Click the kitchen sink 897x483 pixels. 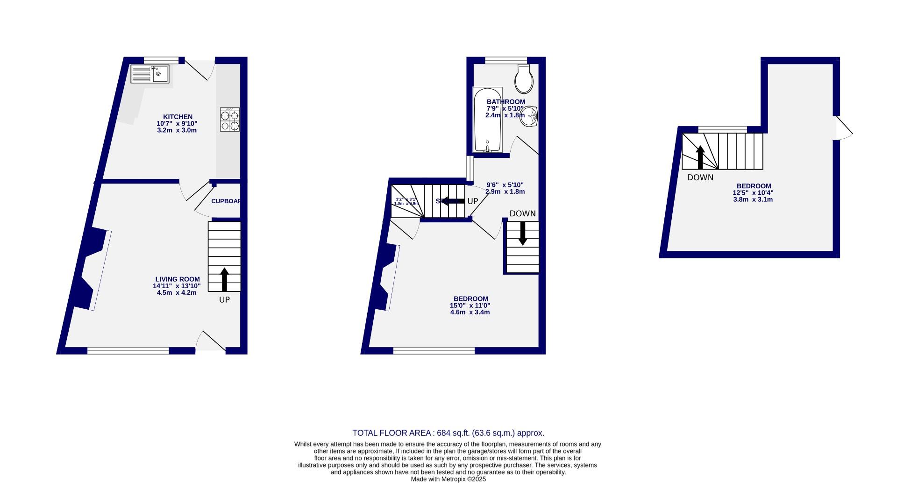[150, 74]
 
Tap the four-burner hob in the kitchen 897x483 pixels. [230, 120]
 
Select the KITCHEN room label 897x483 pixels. [178, 117]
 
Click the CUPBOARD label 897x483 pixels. [226, 201]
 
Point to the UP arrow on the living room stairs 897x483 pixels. [224, 279]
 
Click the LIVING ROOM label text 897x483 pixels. [178, 279]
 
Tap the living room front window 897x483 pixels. [128, 351]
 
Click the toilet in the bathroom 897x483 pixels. [524, 79]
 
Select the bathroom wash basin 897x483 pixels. [529, 116]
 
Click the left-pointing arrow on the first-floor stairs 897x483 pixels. [452, 201]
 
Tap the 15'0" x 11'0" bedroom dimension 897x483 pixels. [470, 305]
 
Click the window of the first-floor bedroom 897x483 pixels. [434, 351]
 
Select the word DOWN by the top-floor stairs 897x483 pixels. [700, 178]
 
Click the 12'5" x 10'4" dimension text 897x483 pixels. [753, 192]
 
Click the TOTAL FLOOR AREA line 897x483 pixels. [448, 433]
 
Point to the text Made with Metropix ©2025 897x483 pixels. [448, 479]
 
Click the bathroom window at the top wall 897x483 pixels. [506, 60]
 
